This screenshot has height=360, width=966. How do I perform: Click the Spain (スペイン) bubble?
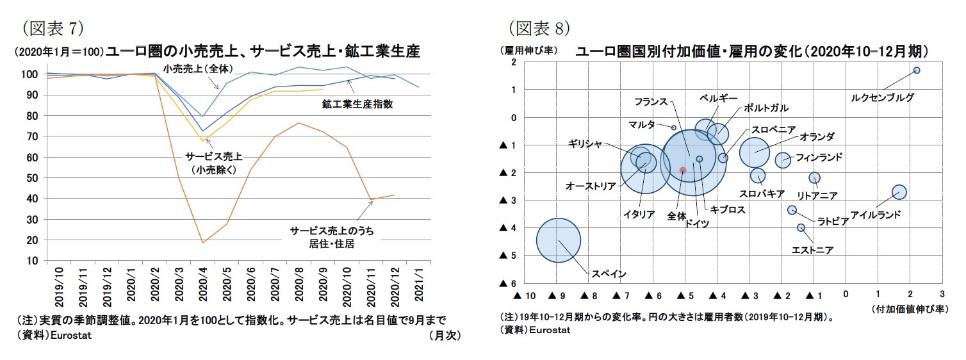click(558, 240)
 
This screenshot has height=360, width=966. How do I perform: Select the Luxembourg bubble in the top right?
click(917, 70)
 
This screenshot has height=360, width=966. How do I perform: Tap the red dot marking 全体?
click(683, 170)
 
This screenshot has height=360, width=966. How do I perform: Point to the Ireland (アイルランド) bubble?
click(899, 192)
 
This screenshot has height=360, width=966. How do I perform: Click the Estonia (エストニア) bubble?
click(801, 227)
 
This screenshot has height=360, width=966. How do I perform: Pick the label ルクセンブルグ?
click(882, 97)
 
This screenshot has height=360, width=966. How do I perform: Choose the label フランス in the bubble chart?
click(651, 101)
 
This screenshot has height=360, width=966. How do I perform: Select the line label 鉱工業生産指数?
click(357, 103)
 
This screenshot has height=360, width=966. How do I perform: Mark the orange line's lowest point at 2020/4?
click(203, 243)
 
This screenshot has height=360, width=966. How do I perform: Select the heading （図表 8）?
click(539, 28)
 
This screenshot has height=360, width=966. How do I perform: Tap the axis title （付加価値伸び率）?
click(908, 309)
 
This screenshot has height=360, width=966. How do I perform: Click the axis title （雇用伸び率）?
click(529, 49)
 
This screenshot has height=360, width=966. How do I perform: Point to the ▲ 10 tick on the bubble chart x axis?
click(524, 295)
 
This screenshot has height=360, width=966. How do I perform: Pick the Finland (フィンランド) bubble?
click(783, 160)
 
